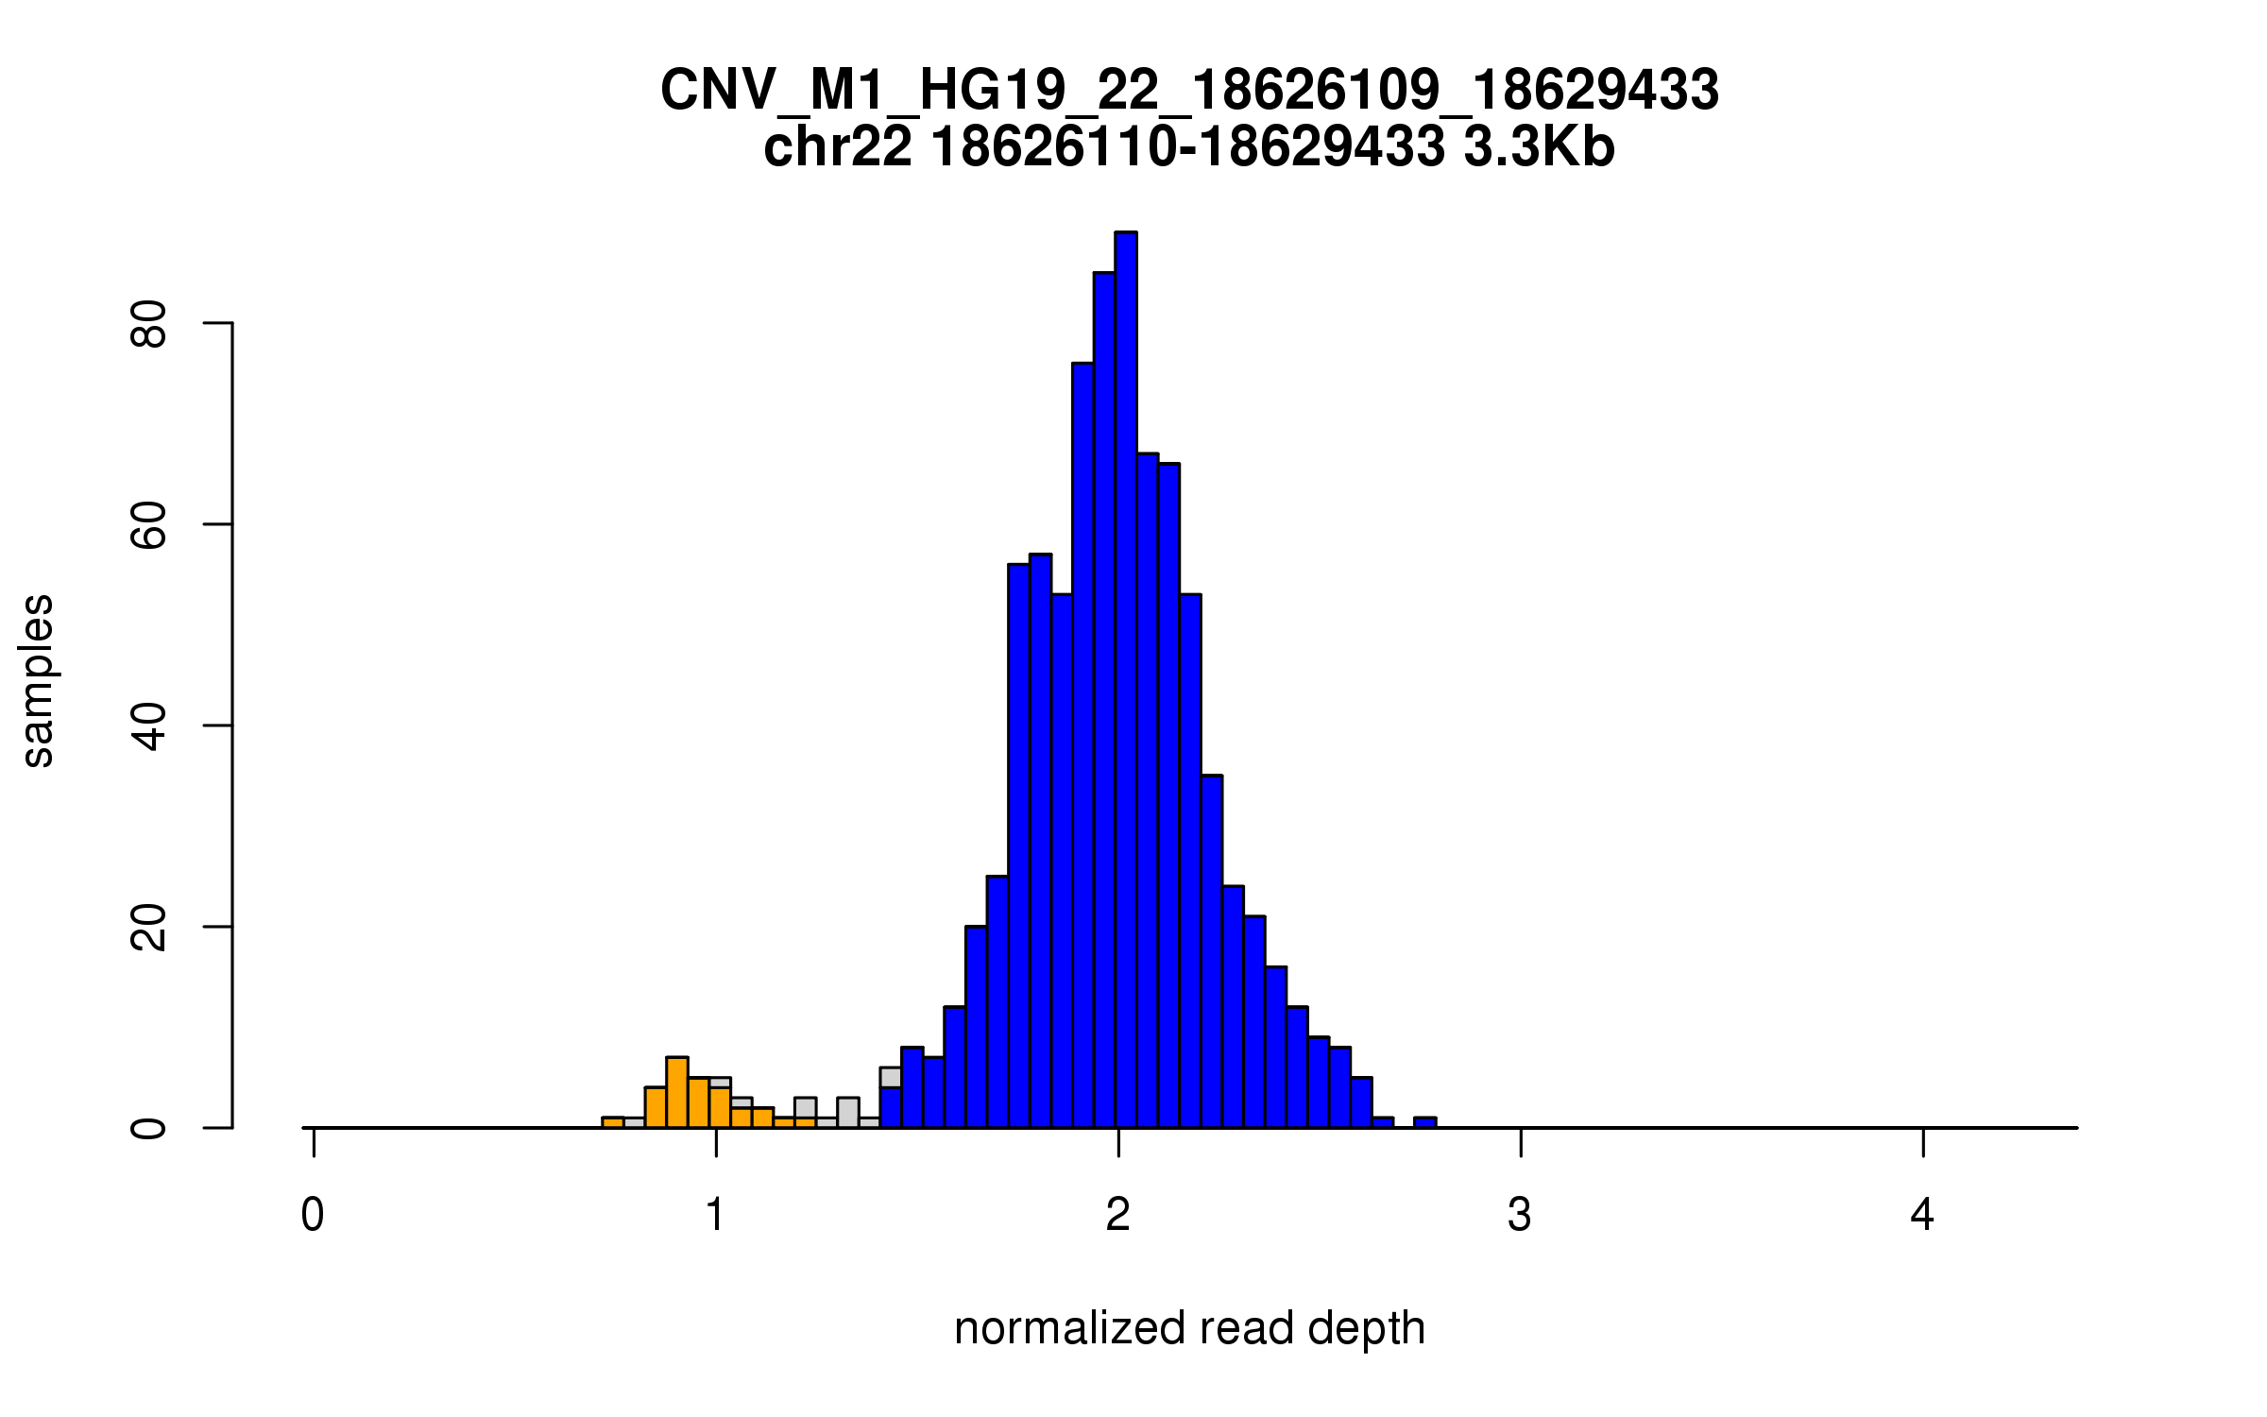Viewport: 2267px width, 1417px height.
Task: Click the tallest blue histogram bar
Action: (x=1125, y=680)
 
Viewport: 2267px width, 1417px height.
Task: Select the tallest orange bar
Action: (x=676, y=1093)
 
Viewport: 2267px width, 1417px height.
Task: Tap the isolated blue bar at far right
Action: (x=1424, y=1122)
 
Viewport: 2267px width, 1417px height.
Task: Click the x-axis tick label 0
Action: (x=313, y=1215)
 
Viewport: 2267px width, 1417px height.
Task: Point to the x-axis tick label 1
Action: (x=716, y=1215)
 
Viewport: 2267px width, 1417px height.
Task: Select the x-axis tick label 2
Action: (x=1118, y=1215)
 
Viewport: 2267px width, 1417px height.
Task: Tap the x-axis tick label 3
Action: (x=1520, y=1215)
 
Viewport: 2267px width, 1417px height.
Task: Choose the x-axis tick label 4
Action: (x=1922, y=1215)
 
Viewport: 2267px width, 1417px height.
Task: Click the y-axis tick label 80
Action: (x=149, y=324)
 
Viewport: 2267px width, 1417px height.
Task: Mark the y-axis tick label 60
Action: (x=149, y=524)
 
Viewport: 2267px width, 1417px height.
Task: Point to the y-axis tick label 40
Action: (x=149, y=726)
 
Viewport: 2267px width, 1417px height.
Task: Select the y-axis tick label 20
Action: (x=149, y=927)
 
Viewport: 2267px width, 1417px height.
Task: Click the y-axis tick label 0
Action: (x=149, y=1128)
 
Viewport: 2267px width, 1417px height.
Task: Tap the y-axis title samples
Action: (x=38, y=681)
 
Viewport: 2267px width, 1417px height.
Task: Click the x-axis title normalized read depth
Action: (x=1189, y=1328)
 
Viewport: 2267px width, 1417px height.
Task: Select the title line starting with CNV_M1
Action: (x=1189, y=91)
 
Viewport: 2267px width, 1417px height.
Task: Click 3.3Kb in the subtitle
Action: (x=1539, y=147)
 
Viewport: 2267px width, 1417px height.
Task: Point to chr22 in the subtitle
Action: (x=838, y=147)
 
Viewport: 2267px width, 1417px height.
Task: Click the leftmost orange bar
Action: (x=613, y=1122)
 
